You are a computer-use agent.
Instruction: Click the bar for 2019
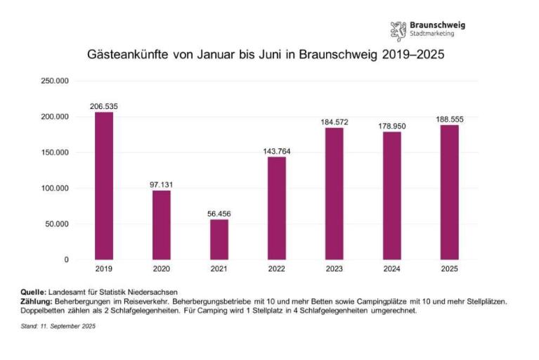(x=104, y=186)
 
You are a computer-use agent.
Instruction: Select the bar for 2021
(x=219, y=239)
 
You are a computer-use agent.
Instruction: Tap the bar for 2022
(x=277, y=208)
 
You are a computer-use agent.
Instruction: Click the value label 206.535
(x=104, y=106)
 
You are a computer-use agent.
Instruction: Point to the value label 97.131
(x=162, y=184)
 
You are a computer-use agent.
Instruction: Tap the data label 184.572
(x=334, y=122)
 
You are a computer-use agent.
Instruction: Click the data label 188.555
(x=449, y=120)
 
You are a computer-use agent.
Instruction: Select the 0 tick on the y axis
(x=66, y=260)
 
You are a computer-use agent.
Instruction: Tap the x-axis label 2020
(x=162, y=269)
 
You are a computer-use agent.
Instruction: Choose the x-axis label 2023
(x=334, y=269)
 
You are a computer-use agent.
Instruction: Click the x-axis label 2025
(x=449, y=269)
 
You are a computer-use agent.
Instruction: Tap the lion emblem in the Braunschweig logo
(x=398, y=30)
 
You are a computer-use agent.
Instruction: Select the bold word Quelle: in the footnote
(x=33, y=292)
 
